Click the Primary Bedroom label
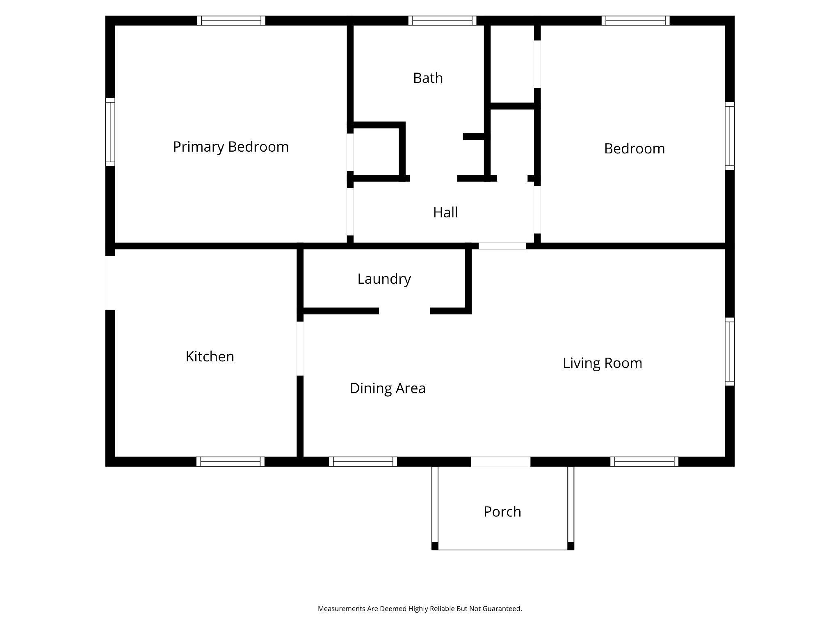pos(231,147)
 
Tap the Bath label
pos(428,78)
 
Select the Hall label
pos(445,212)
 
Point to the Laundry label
pos(384,279)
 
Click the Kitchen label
pos(210,356)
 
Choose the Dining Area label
pos(388,388)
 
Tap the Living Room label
pos(602,363)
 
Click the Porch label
pos(502,511)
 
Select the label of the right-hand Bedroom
pos(635,148)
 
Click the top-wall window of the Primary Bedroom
pos(231,21)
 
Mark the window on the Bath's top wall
pos(443,21)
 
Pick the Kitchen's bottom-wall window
pos(231,461)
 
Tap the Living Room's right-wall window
pos(730,352)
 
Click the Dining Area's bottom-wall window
pos(363,461)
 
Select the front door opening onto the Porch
pos(500,461)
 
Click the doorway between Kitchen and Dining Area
pos(300,349)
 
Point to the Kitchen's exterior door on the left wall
pos(110,283)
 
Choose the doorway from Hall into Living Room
pos(502,246)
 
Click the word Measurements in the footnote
pos(342,609)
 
